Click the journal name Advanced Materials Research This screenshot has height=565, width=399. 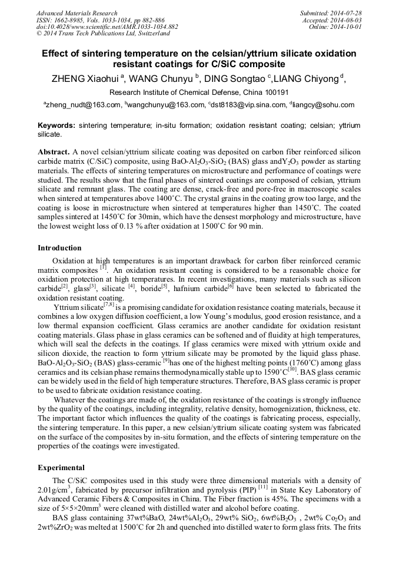point(77,13)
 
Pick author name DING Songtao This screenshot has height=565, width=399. point(235,78)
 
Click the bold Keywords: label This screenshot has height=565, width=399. point(56,126)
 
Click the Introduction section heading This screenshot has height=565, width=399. point(59,248)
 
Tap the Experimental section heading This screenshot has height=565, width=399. point(61,467)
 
